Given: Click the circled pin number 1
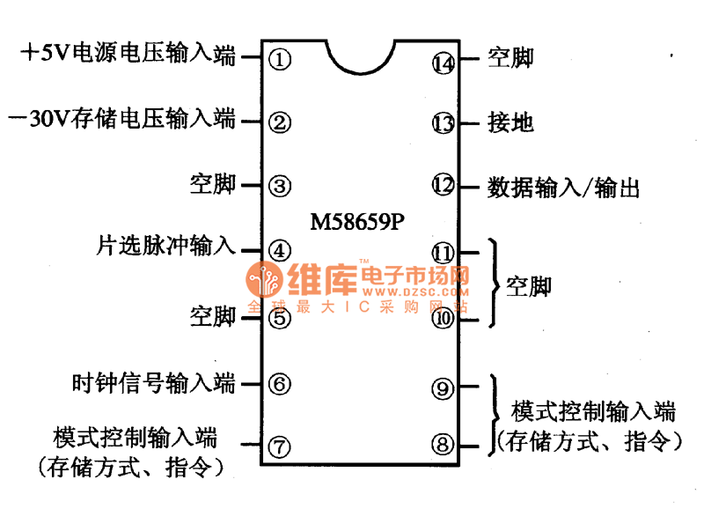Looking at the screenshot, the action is [279, 60].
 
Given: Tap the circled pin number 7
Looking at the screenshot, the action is [279, 446].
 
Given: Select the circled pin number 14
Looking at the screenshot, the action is [444, 62].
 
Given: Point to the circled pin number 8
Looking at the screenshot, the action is [443, 446].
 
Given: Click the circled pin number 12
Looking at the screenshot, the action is [444, 186].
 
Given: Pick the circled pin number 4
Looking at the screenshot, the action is [279, 250].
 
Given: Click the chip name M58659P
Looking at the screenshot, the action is [358, 221].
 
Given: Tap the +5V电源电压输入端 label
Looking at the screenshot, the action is [128, 55].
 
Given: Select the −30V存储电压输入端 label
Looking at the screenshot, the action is [121, 119].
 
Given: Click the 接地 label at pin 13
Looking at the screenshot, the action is [510, 122].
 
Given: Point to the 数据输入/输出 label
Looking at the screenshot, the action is [563, 187].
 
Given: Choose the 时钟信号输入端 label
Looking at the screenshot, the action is [154, 383].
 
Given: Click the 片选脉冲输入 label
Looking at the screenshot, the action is [165, 247].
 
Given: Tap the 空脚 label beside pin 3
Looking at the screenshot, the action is [213, 185].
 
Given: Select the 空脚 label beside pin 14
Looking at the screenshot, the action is [510, 58].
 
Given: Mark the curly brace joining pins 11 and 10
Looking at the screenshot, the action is [495, 284].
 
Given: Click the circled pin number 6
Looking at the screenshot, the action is [279, 384].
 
